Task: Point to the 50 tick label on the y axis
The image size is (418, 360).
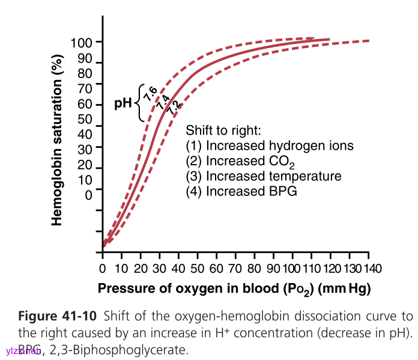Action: [x=85, y=116]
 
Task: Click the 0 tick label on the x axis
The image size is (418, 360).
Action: [x=102, y=267]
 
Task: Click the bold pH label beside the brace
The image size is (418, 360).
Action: [x=123, y=103]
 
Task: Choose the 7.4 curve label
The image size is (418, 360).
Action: [x=162, y=102]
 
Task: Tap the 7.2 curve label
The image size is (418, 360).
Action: [x=173, y=108]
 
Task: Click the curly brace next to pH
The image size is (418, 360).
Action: [x=140, y=103]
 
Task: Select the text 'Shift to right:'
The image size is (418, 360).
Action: [x=223, y=130]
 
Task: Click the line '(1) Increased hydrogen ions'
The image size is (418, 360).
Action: [x=270, y=145]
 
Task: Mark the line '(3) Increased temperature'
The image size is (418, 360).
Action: [x=264, y=177]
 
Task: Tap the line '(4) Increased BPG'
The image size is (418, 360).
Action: [x=242, y=192]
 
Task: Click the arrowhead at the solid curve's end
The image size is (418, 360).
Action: [x=310, y=39]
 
